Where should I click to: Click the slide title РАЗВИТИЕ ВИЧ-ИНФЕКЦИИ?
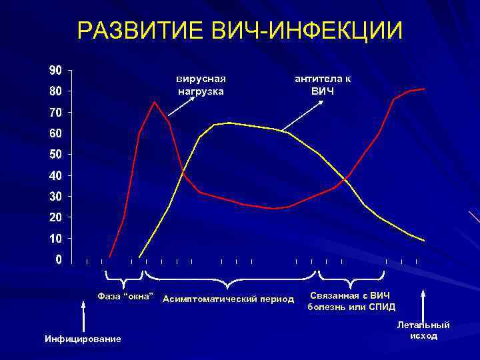(x=240, y=30)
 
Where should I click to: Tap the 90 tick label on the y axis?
(x=55, y=69)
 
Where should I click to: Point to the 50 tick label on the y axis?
(x=55, y=154)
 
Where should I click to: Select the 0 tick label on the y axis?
(x=59, y=259)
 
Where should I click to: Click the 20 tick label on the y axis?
(x=55, y=217)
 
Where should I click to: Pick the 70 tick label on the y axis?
(x=55, y=112)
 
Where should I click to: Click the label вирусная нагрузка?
(x=200, y=85)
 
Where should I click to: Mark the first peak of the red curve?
(x=155, y=102)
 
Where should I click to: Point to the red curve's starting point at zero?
(x=109, y=257)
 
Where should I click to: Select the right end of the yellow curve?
(x=424, y=240)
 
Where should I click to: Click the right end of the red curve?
(x=424, y=89)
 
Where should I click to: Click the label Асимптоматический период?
(x=228, y=299)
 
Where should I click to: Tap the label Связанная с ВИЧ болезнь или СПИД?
(x=351, y=301)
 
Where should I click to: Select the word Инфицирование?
(x=83, y=339)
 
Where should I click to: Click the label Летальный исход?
(x=423, y=330)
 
